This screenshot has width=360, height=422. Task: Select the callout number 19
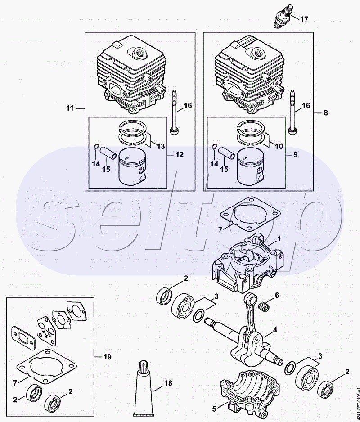(x=108, y=357)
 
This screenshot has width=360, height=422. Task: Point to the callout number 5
(x=214, y=409)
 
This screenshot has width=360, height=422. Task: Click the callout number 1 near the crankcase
(x=279, y=239)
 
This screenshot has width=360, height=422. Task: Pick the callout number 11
(x=70, y=108)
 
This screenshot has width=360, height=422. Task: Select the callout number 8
(x=326, y=112)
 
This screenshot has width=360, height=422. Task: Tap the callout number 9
(x=296, y=154)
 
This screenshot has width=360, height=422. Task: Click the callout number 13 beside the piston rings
(x=161, y=146)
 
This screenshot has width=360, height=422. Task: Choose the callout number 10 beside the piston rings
(x=279, y=146)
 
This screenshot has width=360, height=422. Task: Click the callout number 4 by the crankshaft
(x=275, y=330)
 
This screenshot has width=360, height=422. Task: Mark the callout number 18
(x=168, y=383)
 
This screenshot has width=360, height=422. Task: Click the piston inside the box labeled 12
(x=132, y=166)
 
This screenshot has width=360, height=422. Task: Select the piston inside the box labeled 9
(x=250, y=166)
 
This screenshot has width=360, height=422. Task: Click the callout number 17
(x=304, y=19)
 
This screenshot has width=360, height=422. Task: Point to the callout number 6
(x=277, y=295)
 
